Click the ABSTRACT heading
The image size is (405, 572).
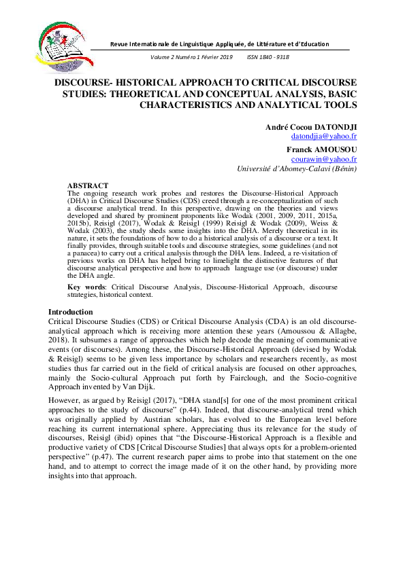(x=88, y=185)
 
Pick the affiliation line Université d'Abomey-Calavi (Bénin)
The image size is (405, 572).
(x=297, y=168)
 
